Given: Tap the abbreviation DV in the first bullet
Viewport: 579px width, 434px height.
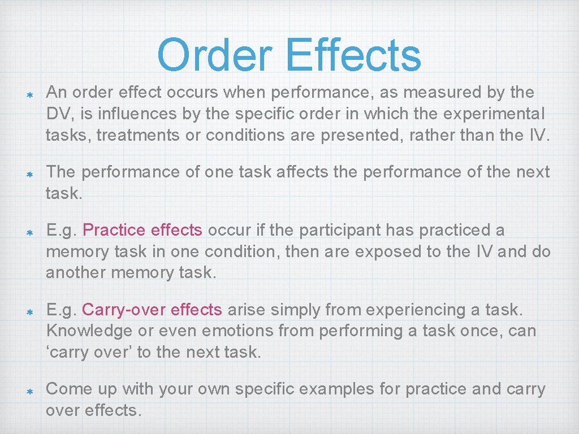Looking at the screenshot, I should [x=58, y=114].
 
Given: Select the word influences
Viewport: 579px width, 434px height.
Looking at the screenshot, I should [x=135, y=114].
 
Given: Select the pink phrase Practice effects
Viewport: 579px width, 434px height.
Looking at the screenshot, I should [x=142, y=230].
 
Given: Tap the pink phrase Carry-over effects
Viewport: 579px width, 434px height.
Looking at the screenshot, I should [x=152, y=310].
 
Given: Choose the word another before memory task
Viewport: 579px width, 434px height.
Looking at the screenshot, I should [x=76, y=272].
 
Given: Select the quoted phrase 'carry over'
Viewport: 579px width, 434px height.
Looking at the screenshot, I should [x=88, y=353].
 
